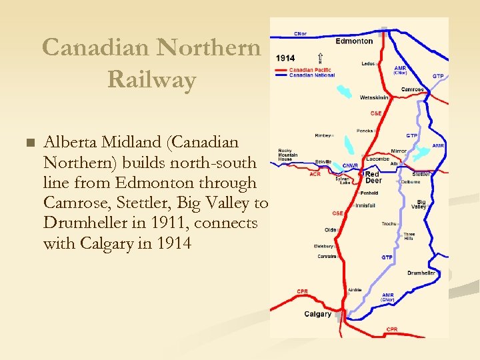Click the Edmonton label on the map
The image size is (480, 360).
[x=354, y=41]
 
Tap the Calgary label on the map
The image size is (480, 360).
[x=317, y=314]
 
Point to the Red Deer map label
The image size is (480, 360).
[x=372, y=177]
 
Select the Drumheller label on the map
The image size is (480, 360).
[x=421, y=273]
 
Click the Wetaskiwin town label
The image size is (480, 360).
[x=373, y=97]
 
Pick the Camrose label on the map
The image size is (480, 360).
[x=412, y=89]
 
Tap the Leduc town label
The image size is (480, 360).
[x=369, y=64]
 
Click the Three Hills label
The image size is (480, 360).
[x=409, y=237]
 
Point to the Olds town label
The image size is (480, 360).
[x=330, y=229]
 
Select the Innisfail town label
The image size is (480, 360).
[x=365, y=205]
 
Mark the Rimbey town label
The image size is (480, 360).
[x=323, y=135]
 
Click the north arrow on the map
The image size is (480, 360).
[x=321, y=59]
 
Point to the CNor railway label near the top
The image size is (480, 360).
[x=301, y=33]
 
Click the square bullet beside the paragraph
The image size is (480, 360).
[x=27, y=143]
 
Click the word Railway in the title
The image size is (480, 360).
[x=151, y=80]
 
